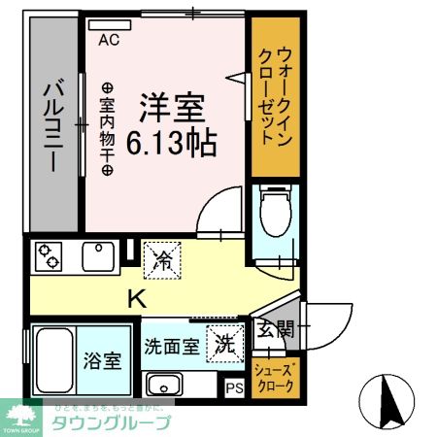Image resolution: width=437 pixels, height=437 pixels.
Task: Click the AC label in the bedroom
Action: pyautogui.click(x=109, y=40)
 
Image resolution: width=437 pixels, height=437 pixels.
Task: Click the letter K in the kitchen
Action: pyautogui.click(x=135, y=298)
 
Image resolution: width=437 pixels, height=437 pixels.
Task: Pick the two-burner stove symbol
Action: pyautogui.click(x=49, y=257)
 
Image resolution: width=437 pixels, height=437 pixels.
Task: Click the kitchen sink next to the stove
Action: pyautogui.click(x=99, y=256)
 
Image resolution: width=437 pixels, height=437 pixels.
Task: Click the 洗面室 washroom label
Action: pyautogui.click(x=173, y=345)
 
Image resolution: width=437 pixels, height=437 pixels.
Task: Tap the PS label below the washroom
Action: pyautogui.click(x=233, y=387)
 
